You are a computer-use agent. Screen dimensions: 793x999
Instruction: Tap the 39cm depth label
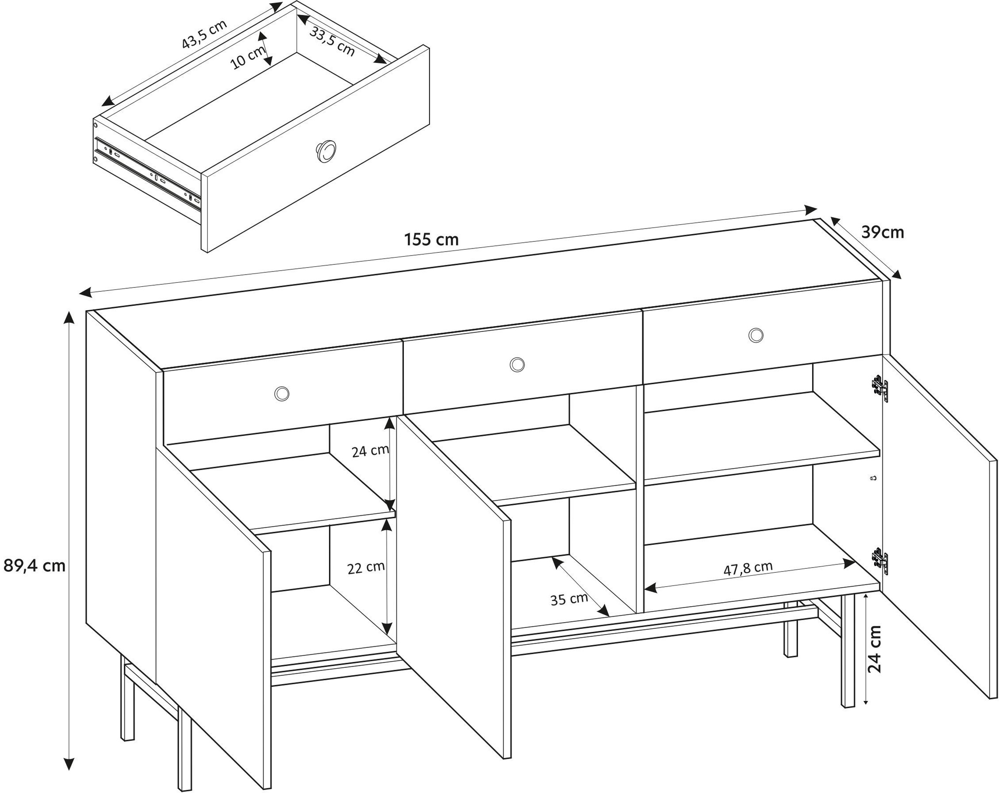(882, 232)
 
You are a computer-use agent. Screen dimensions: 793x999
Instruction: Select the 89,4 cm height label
(34, 566)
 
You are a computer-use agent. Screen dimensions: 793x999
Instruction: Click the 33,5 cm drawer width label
(332, 43)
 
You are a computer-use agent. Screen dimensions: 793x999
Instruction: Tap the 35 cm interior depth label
(569, 599)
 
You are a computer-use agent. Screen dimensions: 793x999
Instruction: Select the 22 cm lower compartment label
(366, 568)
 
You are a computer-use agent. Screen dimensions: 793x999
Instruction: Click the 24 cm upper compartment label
(370, 451)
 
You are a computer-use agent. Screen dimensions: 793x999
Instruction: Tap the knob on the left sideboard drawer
(282, 393)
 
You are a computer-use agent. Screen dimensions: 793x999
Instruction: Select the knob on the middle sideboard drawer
(517, 364)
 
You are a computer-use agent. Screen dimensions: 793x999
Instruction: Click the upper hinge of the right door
(880, 387)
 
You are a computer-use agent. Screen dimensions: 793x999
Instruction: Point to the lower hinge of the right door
(880, 561)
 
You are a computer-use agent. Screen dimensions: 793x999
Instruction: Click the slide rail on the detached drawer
(148, 174)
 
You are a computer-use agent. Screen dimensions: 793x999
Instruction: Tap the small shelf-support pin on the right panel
(873, 478)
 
